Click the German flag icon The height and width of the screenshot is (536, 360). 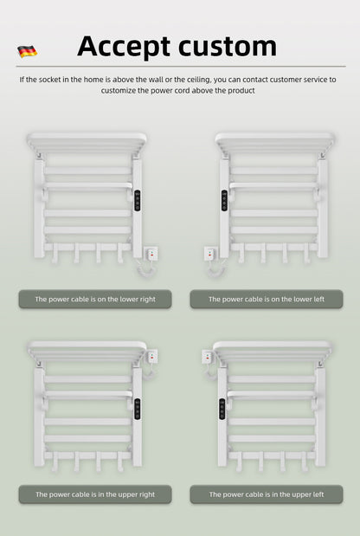coord(27,51)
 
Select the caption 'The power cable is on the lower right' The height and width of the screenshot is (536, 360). coord(94,299)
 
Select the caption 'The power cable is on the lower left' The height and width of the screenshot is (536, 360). coord(266,299)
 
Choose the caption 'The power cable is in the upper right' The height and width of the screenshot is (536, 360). coord(94,494)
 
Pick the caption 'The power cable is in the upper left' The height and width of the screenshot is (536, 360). coord(266,494)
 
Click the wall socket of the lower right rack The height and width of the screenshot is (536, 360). coord(152,254)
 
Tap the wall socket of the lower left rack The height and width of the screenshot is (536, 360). coord(209,254)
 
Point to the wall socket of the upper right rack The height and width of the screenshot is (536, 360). coord(152,356)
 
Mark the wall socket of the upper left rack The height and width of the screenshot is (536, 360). coord(208,356)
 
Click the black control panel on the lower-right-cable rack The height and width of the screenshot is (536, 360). coord(136,200)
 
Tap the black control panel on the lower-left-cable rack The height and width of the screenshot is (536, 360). coord(224,200)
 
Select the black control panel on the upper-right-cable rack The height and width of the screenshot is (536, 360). coord(136,408)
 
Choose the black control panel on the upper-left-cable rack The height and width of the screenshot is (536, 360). coord(222,408)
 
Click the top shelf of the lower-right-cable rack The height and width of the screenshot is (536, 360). coord(87,139)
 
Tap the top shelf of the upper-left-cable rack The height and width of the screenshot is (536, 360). coord(272,349)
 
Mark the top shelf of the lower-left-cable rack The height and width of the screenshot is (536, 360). coord(274,139)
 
